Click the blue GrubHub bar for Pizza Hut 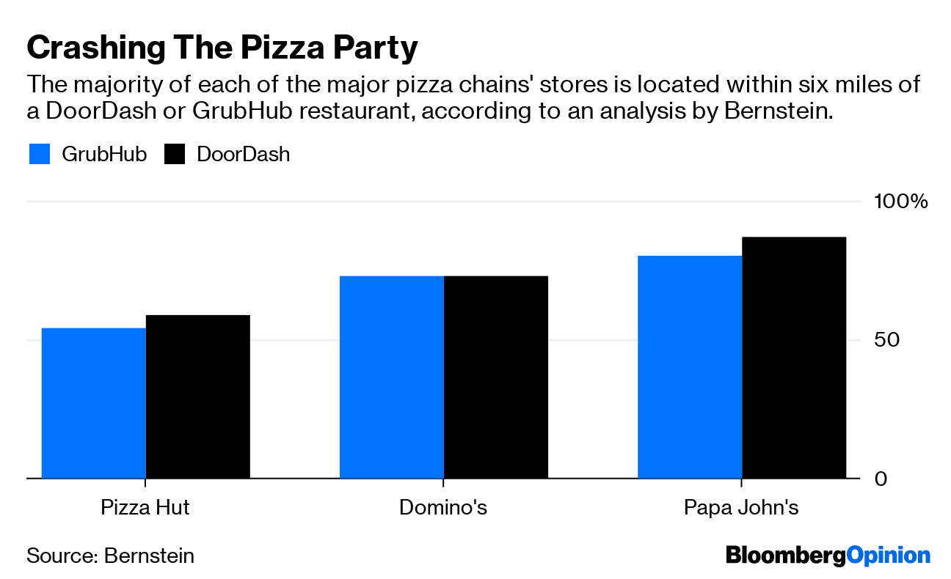[94, 403]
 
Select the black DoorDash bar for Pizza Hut [198, 397]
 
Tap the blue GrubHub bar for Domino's [392, 377]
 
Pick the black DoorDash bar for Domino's [496, 377]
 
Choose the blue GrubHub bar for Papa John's [690, 366]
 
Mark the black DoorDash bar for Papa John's [794, 358]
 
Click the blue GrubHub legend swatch [40, 155]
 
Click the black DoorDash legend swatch [175, 155]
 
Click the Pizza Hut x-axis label [145, 508]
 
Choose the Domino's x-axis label [443, 508]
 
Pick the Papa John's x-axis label [741, 508]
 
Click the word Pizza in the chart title [266, 48]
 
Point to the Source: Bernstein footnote [111, 556]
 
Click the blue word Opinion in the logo [888, 556]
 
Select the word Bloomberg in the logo [785, 556]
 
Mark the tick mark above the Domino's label [443, 484]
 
